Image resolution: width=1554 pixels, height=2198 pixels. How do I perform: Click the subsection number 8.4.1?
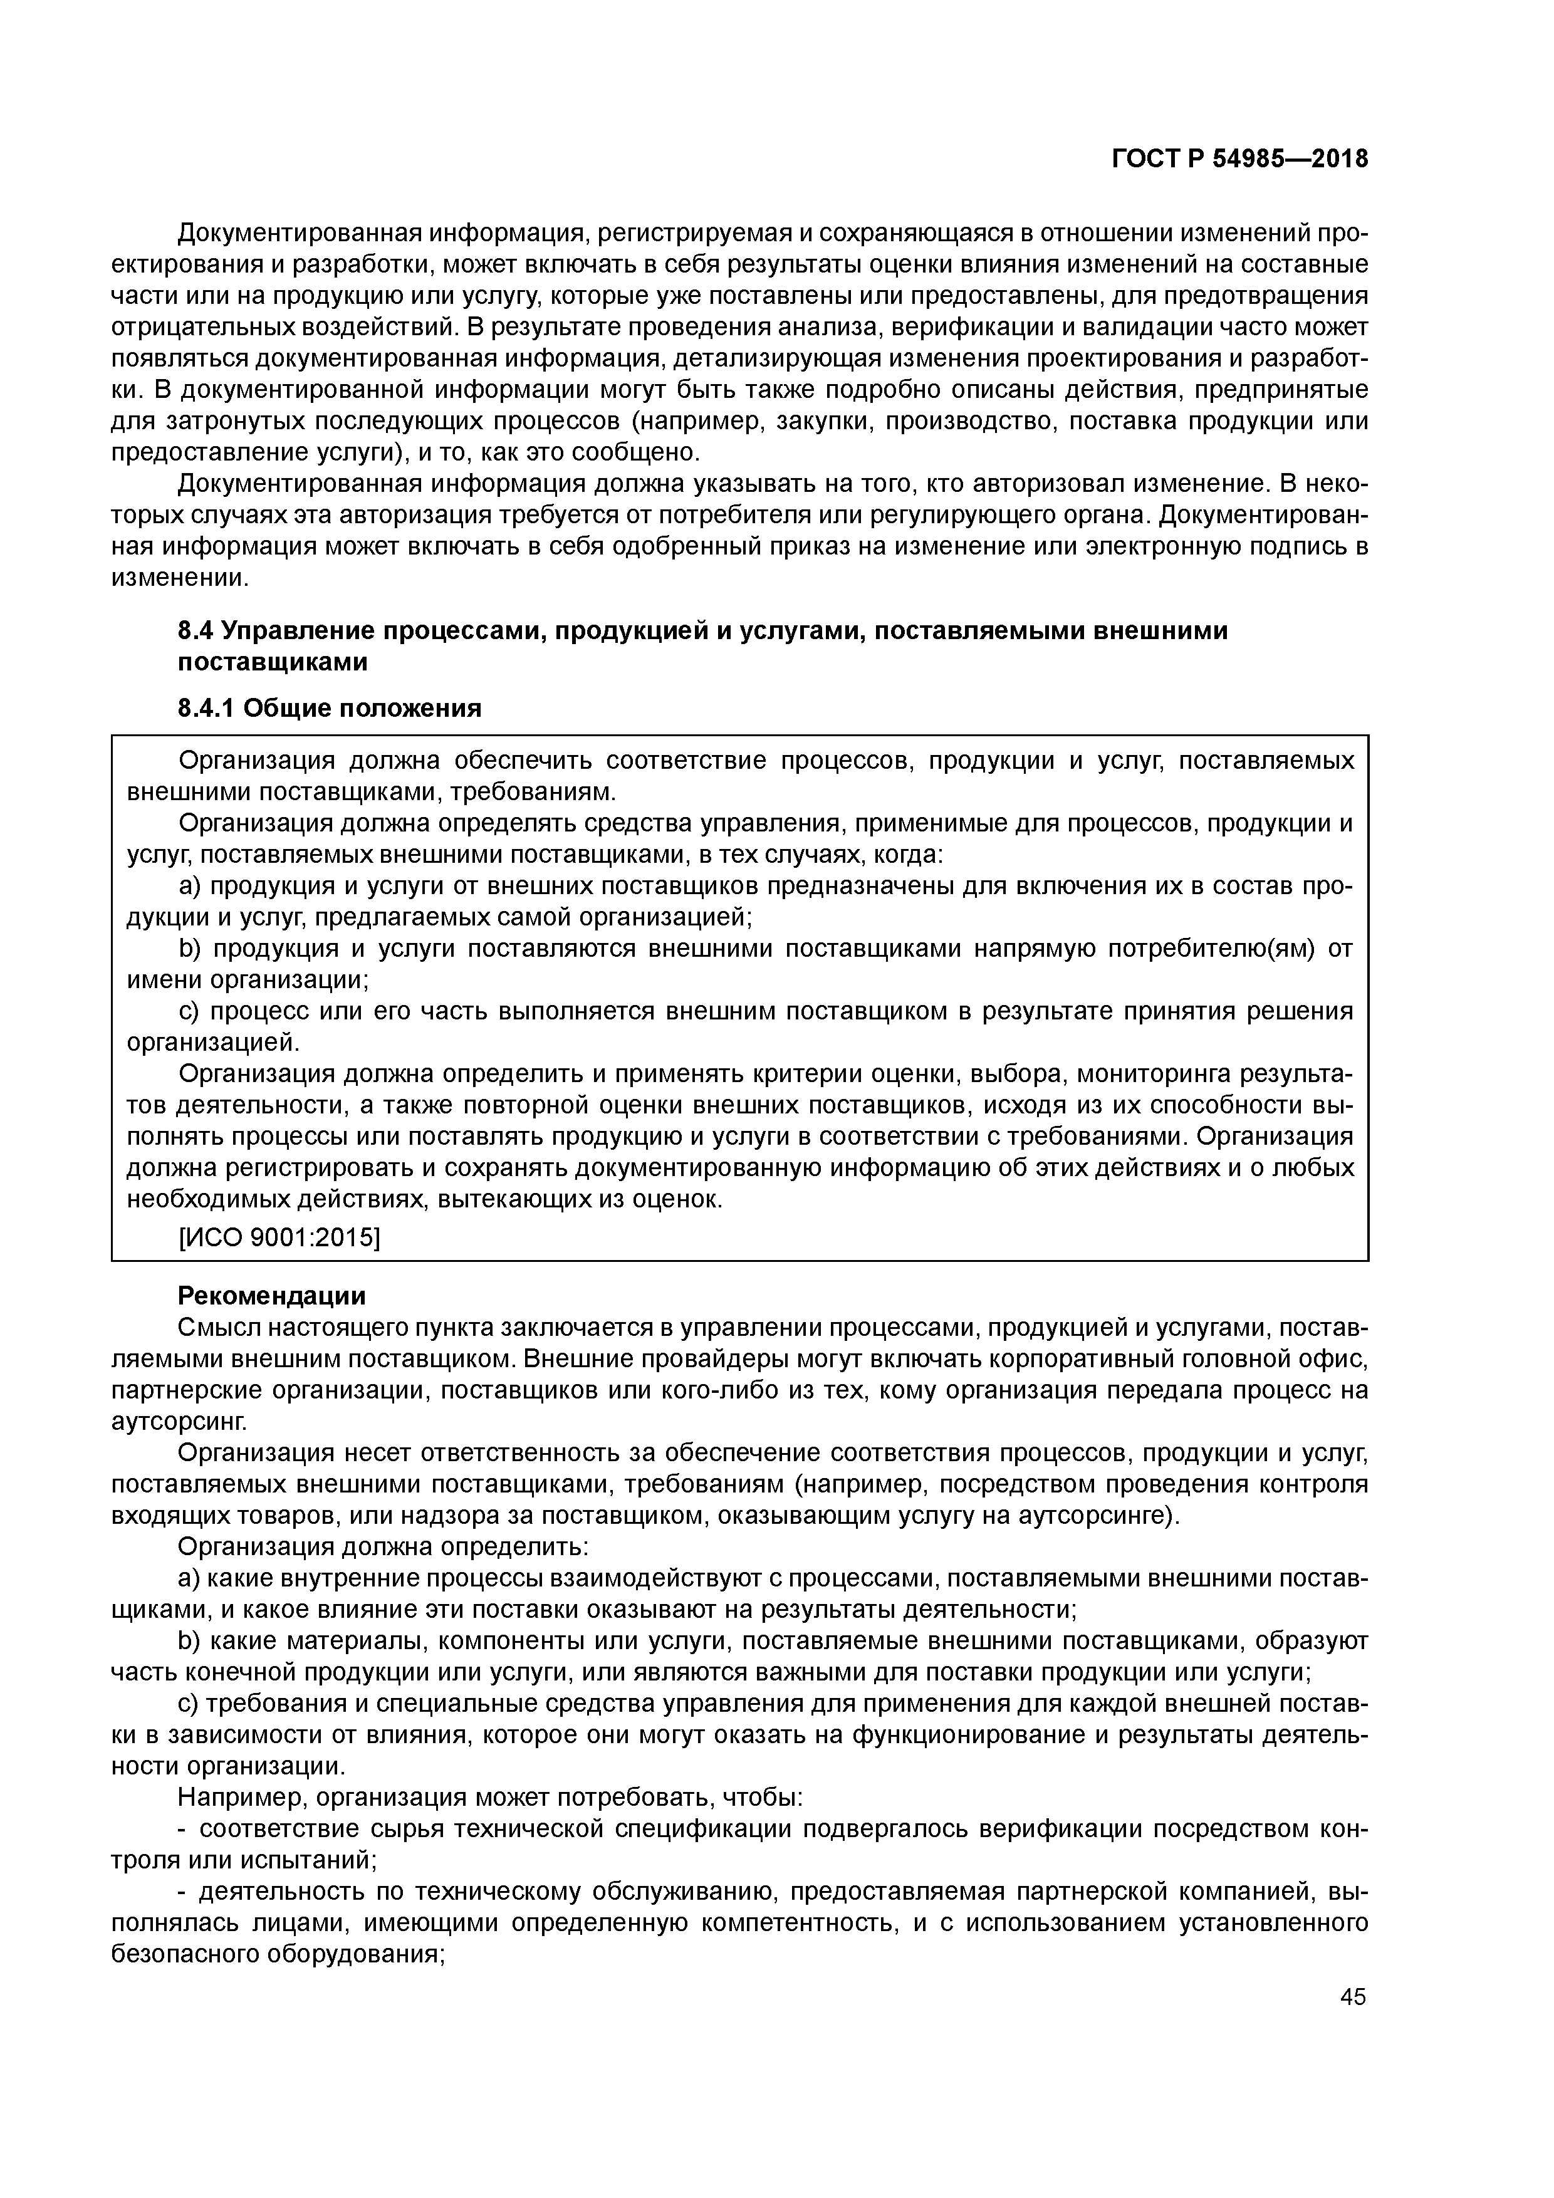click(206, 709)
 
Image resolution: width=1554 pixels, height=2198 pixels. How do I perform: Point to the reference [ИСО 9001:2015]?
click(279, 1238)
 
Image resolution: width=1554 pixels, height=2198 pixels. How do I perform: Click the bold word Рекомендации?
click(272, 1296)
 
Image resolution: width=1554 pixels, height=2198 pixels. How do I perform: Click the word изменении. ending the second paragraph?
click(179, 578)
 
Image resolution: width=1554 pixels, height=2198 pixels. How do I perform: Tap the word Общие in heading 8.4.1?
click(286, 709)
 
